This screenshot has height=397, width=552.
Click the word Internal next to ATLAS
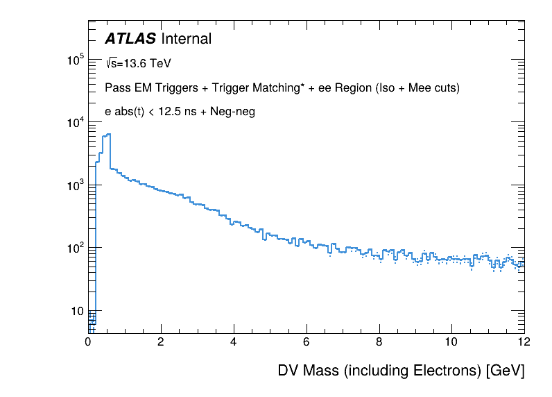tap(186, 40)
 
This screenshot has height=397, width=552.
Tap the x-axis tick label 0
tap(88, 341)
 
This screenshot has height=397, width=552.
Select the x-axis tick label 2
tap(161, 341)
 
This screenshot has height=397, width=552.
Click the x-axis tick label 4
tap(234, 341)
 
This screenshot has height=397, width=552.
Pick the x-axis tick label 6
tap(307, 341)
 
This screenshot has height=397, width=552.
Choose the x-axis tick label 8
tap(379, 341)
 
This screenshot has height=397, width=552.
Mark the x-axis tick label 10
tap(451, 341)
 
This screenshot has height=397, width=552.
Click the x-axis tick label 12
tap(524, 341)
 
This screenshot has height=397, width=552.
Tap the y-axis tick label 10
tap(76, 310)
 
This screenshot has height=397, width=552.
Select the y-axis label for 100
tap(74, 248)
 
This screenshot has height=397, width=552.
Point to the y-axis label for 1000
tap(74, 185)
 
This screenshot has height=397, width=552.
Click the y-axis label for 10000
tap(74, 123)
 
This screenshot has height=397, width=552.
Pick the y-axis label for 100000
tap(74, 61)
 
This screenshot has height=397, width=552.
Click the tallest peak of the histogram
tap(108, 135)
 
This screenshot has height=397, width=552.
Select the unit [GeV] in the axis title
tap(504, 371)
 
